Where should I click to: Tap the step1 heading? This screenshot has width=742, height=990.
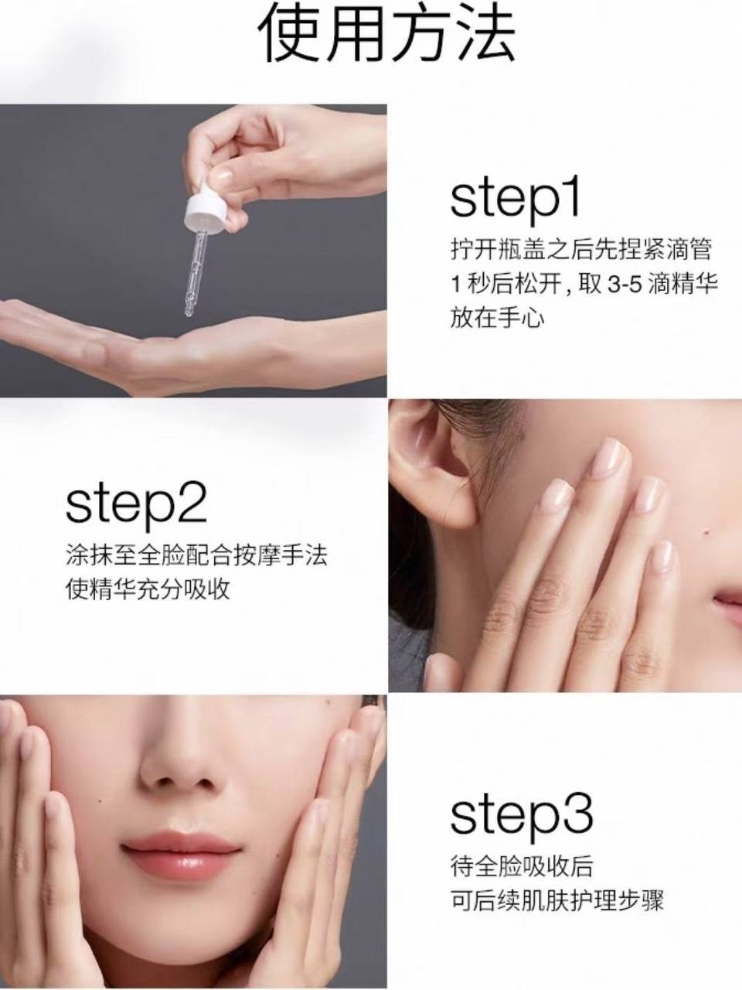515,200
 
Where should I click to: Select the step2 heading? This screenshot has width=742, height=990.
136,505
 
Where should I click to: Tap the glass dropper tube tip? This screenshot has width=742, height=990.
189,312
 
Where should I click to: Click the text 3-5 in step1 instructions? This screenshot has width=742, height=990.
625,285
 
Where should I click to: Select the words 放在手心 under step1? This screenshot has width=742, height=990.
497,319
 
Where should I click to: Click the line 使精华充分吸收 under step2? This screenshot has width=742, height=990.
148,590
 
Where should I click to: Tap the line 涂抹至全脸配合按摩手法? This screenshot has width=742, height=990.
196,555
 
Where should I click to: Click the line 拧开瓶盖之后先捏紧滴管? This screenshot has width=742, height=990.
581,249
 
